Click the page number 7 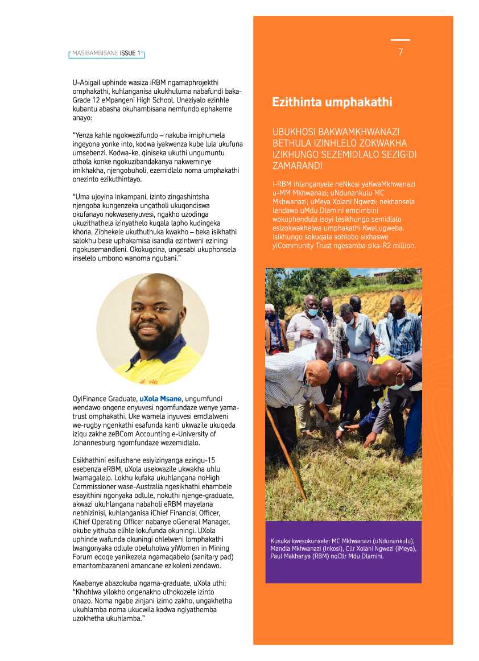tap(400, 52)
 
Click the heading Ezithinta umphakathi tap(332, 102)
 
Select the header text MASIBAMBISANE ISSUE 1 tap(106, 53)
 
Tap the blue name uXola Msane tap(160, 398)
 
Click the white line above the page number tap(400, 40)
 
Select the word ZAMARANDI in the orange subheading tap(298, 166)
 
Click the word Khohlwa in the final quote tap(89, 593)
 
